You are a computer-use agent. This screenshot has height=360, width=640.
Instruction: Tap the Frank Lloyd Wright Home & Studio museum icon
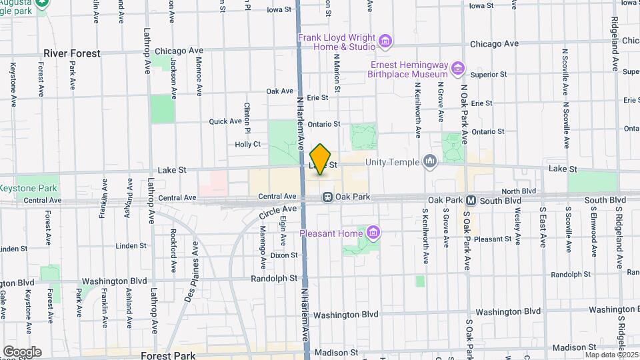pos(385,43)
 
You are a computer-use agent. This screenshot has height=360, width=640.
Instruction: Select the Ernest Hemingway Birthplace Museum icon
pos(457,69)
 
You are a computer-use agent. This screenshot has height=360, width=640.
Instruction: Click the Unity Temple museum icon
pos(430,161)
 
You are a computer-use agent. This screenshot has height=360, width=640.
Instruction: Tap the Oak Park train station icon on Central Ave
pos(328,197)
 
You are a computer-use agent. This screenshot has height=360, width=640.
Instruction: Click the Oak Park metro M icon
pos(471,200)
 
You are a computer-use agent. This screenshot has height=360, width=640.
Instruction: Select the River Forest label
pos(71,53)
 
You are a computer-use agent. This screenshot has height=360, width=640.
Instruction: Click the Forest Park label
pos(167,355)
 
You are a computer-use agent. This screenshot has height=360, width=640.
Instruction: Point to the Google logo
pos(22,351)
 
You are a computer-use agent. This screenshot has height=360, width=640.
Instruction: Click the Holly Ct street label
pos(247,144)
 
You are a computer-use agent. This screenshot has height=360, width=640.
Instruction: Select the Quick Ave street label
pos(225,121)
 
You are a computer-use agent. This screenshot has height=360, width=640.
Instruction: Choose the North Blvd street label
pos(520,191)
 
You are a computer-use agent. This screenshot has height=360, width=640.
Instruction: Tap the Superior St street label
pos(489,75)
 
